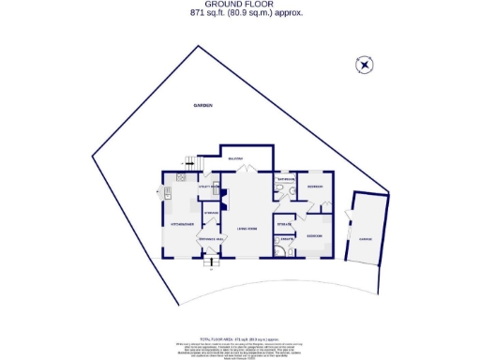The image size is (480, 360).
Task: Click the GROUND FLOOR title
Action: point(239,5)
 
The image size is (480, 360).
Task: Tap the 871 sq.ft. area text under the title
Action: point(239,13)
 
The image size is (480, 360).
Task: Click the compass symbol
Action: point(365,65)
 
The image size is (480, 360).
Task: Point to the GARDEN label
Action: point(203,106)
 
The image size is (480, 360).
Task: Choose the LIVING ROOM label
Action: point(247,228)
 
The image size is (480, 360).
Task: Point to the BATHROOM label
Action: point(286,178)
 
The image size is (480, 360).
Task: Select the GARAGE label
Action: point(364,239)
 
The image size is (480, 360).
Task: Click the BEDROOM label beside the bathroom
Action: point(316,187)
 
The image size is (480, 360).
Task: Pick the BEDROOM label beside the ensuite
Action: point(316,234)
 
